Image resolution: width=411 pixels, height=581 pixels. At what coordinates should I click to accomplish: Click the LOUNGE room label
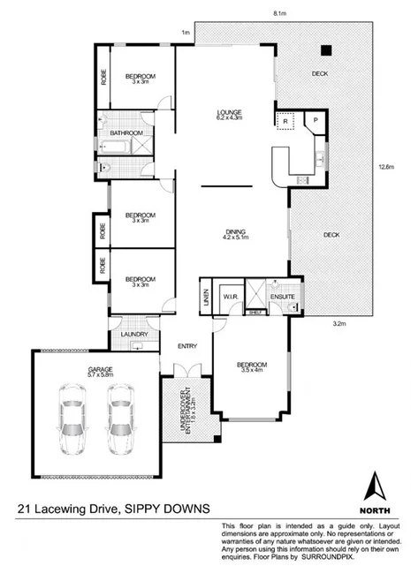click(231, 113)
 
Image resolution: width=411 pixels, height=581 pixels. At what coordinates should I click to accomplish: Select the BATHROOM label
click(126, 133)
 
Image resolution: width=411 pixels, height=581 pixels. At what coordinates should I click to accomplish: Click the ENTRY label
click(186, 345)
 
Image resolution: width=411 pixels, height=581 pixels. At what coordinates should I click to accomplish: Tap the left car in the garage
click(68, 422)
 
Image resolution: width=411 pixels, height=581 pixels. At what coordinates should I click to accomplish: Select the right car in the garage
click(121, 422)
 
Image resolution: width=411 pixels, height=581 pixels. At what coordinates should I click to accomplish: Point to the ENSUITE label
click(283, 298)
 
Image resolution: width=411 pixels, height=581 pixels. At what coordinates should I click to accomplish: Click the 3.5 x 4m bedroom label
click(251, 367)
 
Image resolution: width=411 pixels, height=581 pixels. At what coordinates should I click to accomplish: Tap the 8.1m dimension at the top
click(278, 14)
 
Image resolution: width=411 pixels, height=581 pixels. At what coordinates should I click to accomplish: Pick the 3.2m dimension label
click(338, 322)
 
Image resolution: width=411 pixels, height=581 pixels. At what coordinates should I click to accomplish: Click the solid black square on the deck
click(325, 50)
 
